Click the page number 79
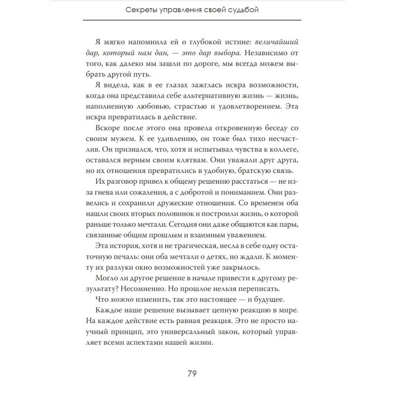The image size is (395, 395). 192,373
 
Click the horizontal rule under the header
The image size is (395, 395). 192,20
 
